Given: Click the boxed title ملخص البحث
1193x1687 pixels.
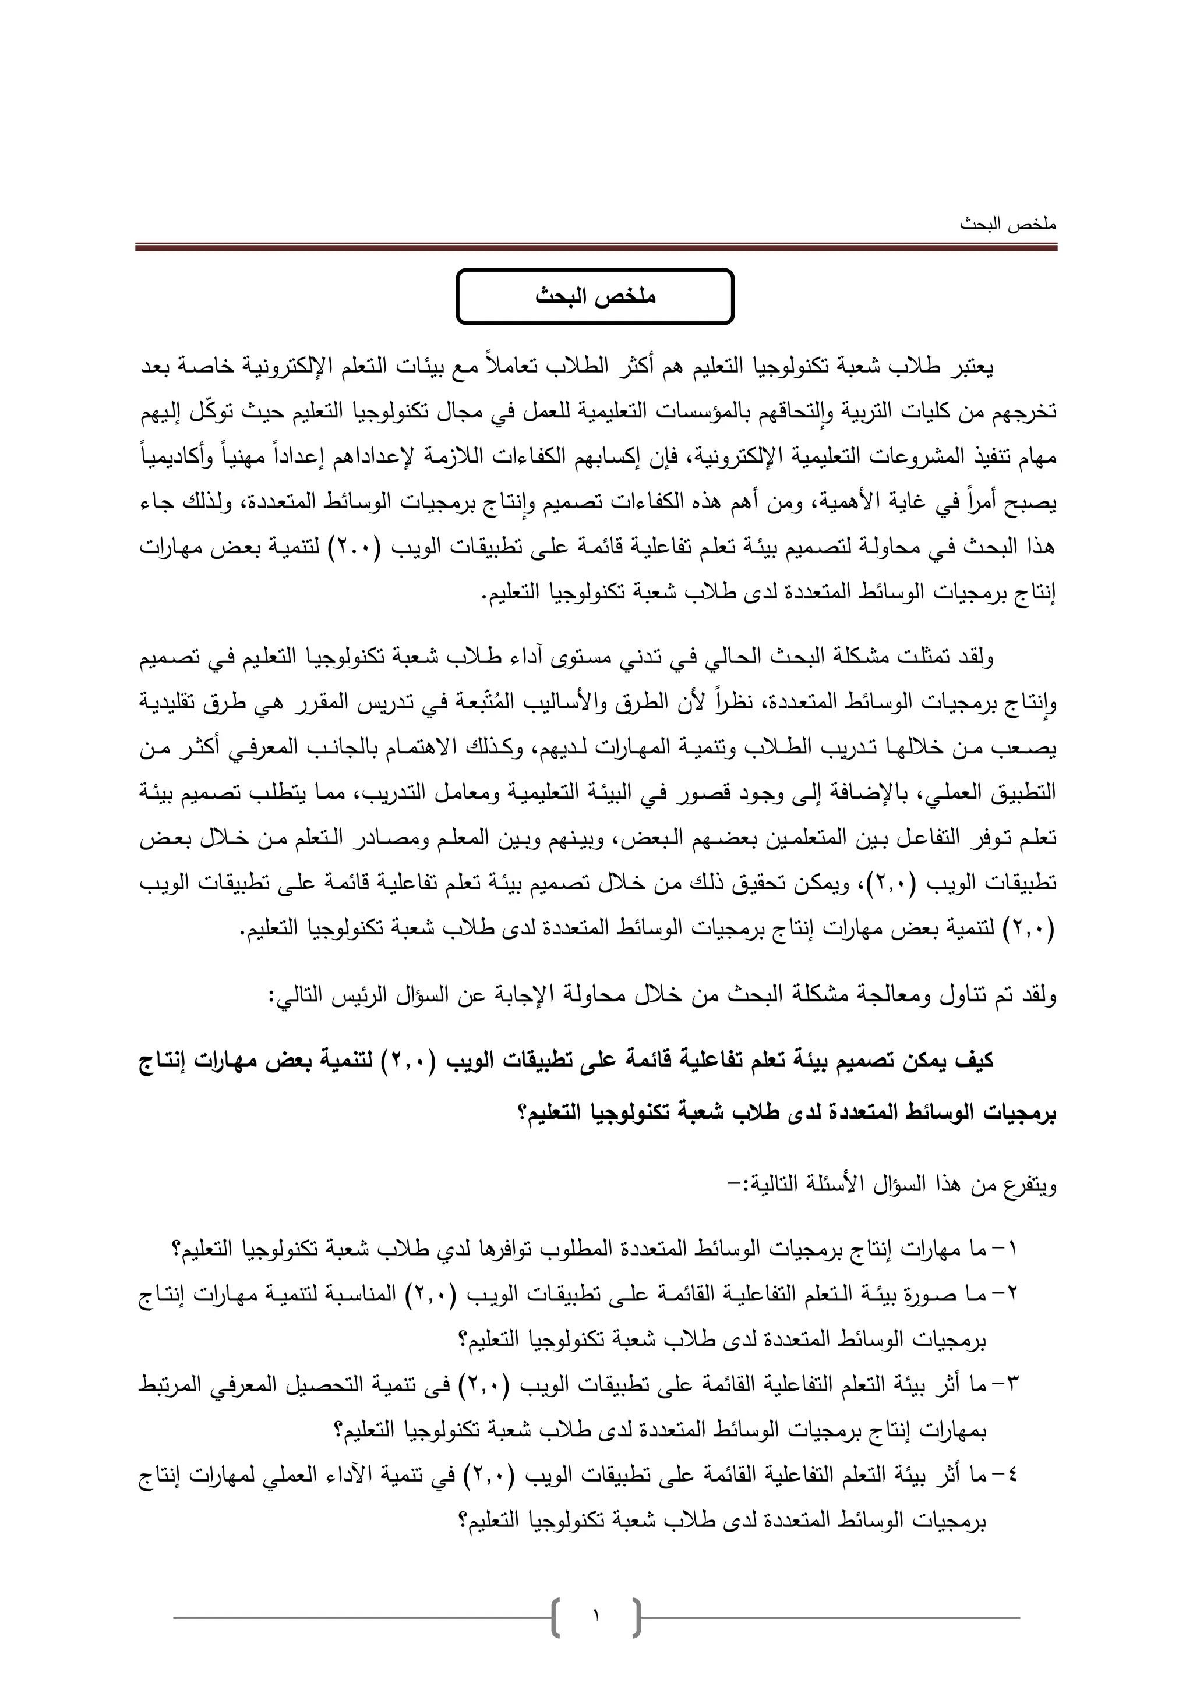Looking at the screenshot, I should [x=595, y=297].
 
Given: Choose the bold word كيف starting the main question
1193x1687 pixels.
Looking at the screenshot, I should [x=972, y=1061].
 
